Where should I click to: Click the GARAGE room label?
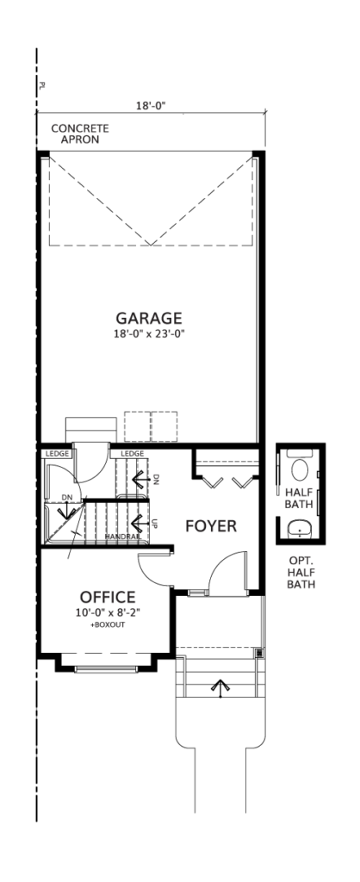pos(149,319)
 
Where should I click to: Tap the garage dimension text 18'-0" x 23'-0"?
pos(149,333)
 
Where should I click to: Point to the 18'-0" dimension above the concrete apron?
pos(151,105)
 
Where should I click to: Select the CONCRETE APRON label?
pos(80,134)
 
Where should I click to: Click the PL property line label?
pos(42,85)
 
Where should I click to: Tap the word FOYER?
pos(211,526)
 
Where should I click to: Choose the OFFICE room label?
pos(108,597)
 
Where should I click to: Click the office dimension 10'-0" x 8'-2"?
pos(108,612)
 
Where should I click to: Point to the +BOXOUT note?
pos(107,624)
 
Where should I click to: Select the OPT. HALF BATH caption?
pos(301,572)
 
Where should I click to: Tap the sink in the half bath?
pos(300,529)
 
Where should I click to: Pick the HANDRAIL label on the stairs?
pos(122,537)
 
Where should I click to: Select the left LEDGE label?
pos(56,453)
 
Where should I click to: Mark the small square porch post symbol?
pos(259,653)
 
